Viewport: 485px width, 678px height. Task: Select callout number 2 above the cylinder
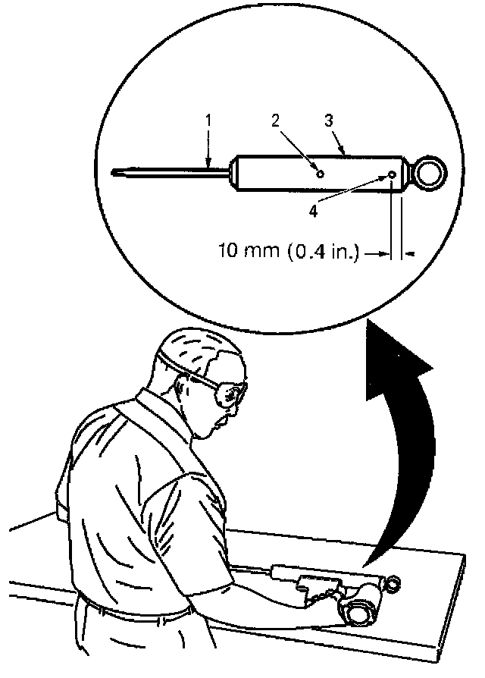(274, 120)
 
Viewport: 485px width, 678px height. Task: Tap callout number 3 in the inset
(329, 120)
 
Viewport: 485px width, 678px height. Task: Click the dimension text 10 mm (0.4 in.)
(286, 250)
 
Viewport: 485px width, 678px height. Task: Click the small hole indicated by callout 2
(321, 173)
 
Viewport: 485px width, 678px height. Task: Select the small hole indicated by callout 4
(392, 175)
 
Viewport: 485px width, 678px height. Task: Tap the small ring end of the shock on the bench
(393, 583)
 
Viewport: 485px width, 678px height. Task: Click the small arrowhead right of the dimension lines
(409, 256)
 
